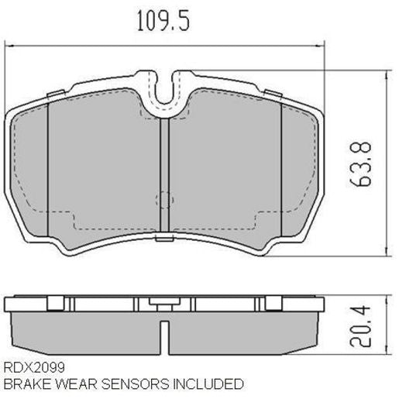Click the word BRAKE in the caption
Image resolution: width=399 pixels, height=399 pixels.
tap(21, 384)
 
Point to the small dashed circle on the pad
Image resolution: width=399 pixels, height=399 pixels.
tap(164, 200)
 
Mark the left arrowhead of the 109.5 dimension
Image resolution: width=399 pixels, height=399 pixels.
tap(10, 46)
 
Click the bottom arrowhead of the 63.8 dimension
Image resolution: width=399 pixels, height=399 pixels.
tap(386, 253)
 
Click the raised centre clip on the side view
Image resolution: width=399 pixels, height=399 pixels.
tap(164, 301)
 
